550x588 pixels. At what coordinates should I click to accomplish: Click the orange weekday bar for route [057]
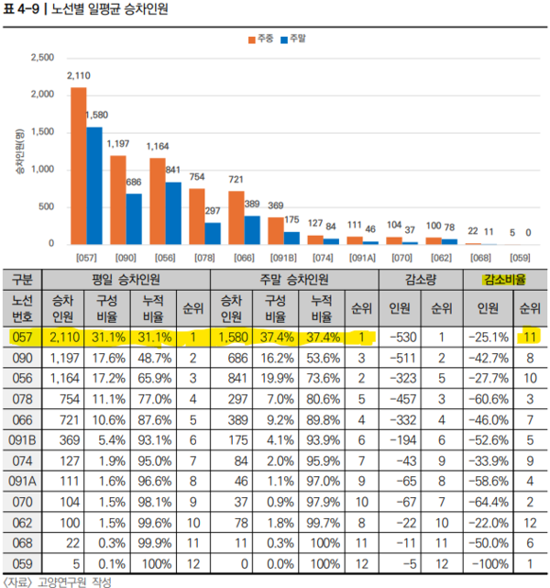tap(79, 166)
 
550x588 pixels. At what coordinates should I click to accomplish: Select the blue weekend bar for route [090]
tap(134, 219)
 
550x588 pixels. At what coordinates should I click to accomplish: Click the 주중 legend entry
tap(262, 39)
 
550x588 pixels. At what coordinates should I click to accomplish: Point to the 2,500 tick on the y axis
tap(42, 58)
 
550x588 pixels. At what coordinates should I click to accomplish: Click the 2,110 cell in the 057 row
tap(62, 337)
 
